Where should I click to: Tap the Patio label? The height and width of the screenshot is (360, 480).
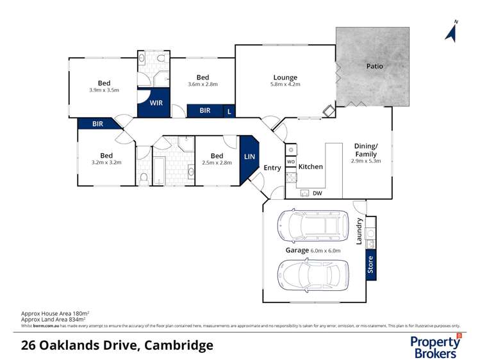click(x=375, y=66)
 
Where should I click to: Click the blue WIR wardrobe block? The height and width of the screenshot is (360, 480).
click(x=155, y=102)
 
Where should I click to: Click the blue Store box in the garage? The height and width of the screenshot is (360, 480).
click(x=370, y=265)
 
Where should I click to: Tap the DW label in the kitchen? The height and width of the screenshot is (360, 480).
click(x=317, y=193)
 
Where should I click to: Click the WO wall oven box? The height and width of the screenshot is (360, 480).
click(x=290, y=162)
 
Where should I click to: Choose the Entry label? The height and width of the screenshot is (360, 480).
click(x=272, y=168)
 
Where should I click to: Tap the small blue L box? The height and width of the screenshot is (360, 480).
click(x=229, y=111)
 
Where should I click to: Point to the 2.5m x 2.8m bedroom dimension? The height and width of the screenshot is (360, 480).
click(x=217, y=163)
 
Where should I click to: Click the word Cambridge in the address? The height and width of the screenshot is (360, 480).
click(x=179, y=345)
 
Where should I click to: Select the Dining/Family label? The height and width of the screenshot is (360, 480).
click(x=367, y=150)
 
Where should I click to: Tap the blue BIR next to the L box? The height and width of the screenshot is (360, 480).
click(x=204, y=111)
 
